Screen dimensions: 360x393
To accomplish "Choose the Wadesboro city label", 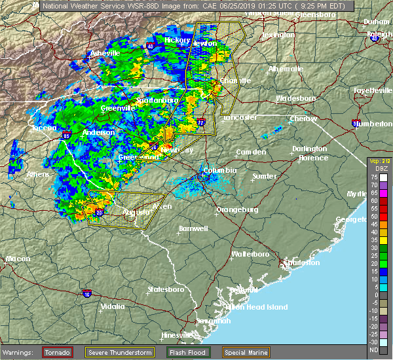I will coord(295,98).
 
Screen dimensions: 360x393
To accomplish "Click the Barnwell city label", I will coord(193,228).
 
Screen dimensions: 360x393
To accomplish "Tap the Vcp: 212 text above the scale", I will coord(379,161).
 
